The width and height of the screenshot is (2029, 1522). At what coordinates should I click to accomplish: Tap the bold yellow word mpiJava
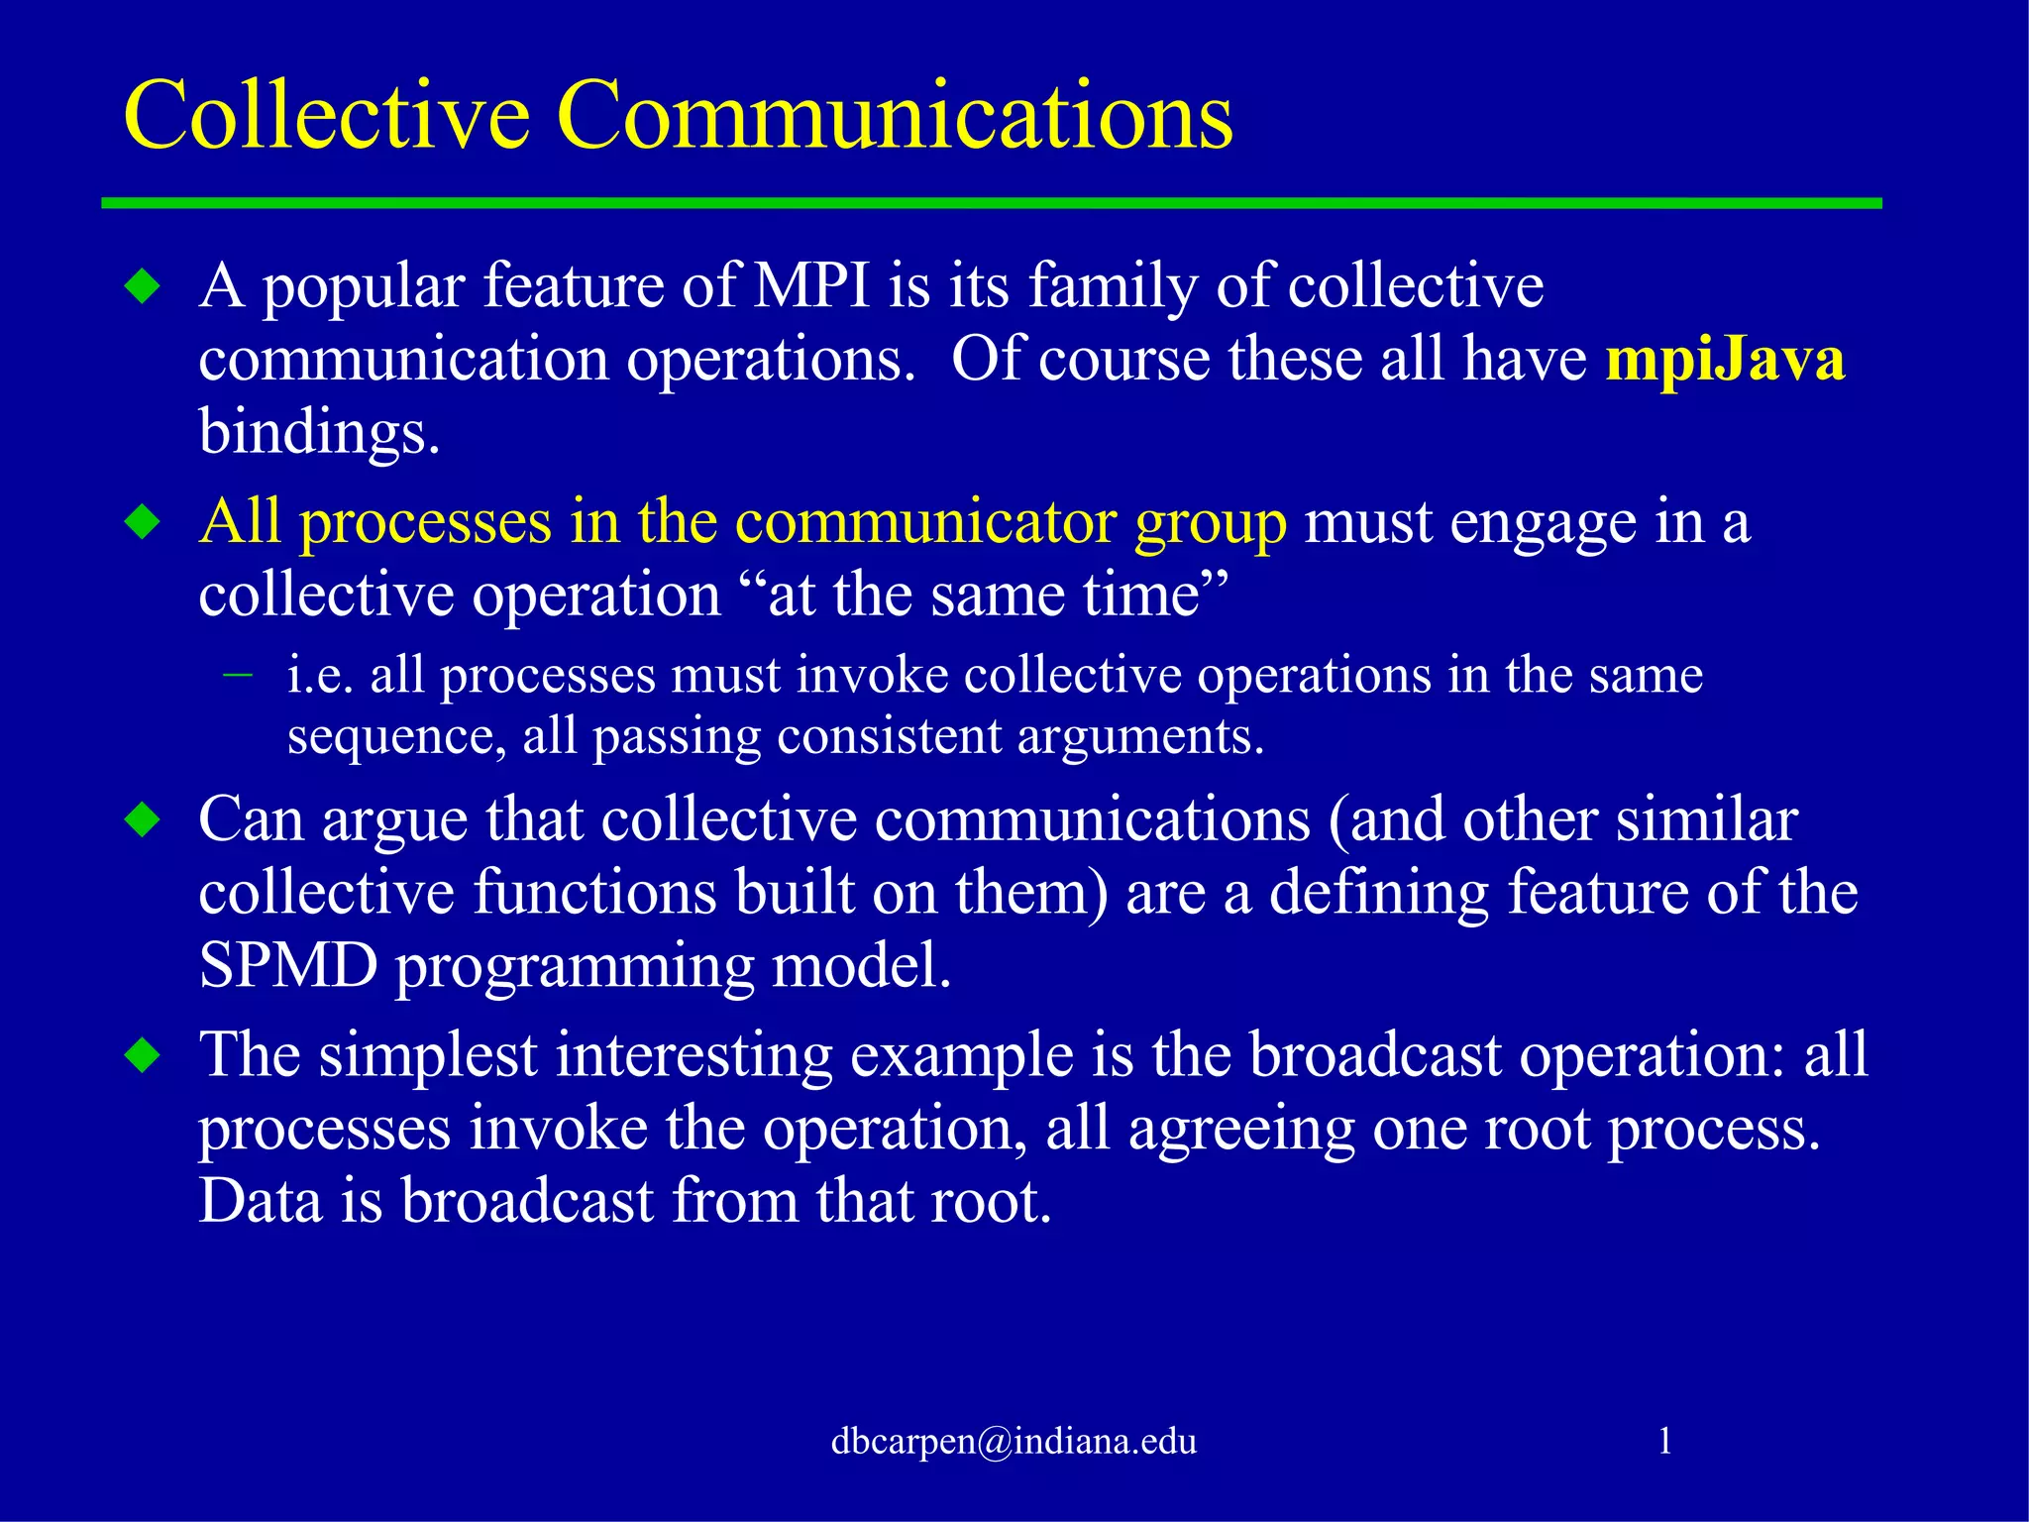(1725, 359)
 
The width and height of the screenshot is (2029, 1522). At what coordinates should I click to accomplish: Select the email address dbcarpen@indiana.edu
(1014, 1440)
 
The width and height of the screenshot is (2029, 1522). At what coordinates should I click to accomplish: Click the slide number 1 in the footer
(1665, 1440)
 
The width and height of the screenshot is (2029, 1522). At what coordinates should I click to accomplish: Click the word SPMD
(288, 965)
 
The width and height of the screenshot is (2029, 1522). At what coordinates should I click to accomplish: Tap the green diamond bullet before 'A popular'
(144, 287)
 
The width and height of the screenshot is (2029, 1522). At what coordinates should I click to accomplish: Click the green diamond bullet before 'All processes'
(144, 522)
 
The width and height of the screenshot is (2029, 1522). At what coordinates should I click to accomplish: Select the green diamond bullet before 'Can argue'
(144, 820)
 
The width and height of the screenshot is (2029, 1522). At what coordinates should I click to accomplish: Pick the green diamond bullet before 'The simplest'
(144, 1055)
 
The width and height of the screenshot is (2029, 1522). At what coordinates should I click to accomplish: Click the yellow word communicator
(925, 521)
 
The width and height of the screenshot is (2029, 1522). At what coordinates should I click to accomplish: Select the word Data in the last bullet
(261, 1201)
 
